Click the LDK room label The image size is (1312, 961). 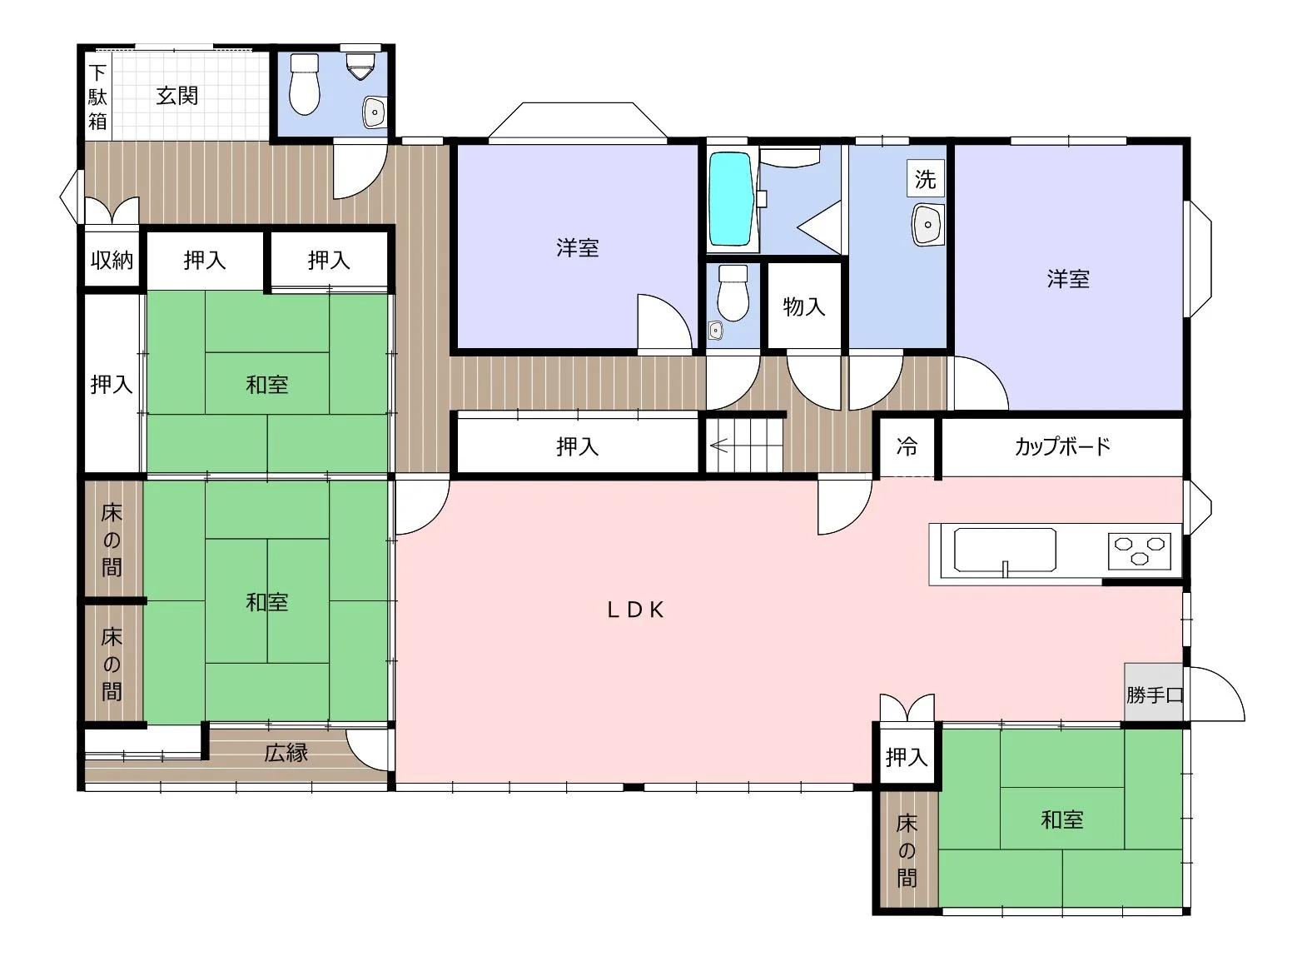tap(635, 610)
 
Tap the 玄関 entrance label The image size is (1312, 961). tap(176, 96)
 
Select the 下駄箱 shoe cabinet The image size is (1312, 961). tap(97, 97)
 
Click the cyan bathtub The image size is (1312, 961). tap(731, 199)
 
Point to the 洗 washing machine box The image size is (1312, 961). tap(926, 179)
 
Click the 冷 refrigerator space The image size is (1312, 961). tap(907, 446)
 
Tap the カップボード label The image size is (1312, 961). tap(1062, 446)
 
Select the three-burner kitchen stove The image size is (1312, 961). tap(1140, 551)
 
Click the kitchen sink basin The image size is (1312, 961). tap(1005, 550)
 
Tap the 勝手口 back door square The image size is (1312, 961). tap(1154, 692)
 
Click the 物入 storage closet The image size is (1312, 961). tap(804, 306)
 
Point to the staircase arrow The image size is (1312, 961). tap(719, 446)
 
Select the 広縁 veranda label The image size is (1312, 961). tap(286, 753)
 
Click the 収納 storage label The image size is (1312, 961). tap(112, 260)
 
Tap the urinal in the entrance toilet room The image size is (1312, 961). tap(360, 67)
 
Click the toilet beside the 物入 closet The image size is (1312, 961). tap(733, 292)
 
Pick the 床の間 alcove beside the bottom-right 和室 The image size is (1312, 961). tap(907, 851)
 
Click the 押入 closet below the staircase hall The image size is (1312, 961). tap(578, 446)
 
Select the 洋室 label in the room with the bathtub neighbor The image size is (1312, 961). tap(578, 248)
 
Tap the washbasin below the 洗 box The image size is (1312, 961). tap(927, 225)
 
